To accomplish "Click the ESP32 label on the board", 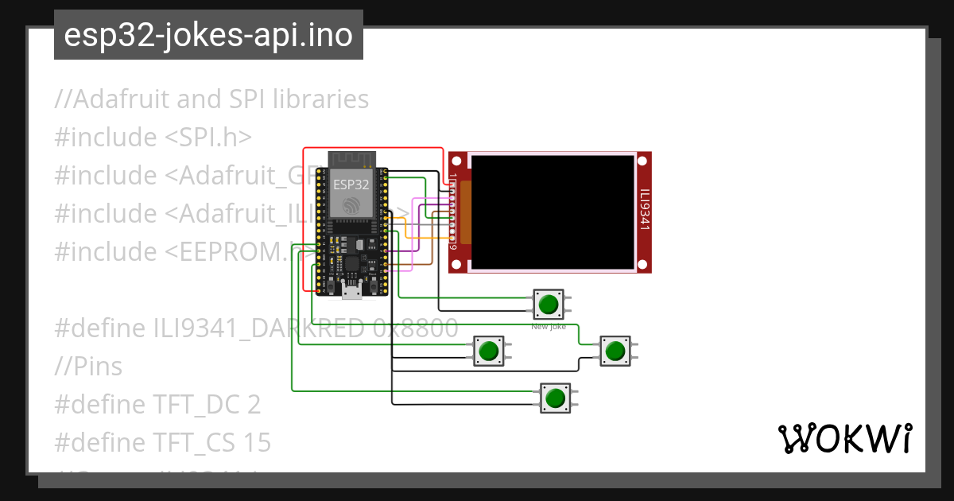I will (x=351, y=184).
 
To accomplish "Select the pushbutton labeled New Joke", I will (x=548, y=304).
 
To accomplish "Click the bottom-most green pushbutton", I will (x=556, y=398).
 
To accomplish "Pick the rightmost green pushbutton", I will (x=615, y=351).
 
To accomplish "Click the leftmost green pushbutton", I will (x=489, y=351).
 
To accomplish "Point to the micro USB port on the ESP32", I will (x=351, y=292).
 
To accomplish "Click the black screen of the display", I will (x=554, y=211).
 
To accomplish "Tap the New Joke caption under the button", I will (x=548, y=326).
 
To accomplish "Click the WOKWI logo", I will (x=844, y=438).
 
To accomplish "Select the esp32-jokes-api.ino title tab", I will (x=208, y=35).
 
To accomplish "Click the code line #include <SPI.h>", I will (x=153, y=138).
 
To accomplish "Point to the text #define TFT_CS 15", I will (x=162, y=442).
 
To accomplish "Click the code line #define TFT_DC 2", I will (x=157, y=405).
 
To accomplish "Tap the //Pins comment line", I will (x=88, y=367).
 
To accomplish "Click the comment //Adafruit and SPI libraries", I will (x=211, y=99).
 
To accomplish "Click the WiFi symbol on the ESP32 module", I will (x=351, y=206).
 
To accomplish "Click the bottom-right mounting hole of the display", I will (x=643, y=264).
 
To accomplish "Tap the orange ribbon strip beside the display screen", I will (x=465, y=212).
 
